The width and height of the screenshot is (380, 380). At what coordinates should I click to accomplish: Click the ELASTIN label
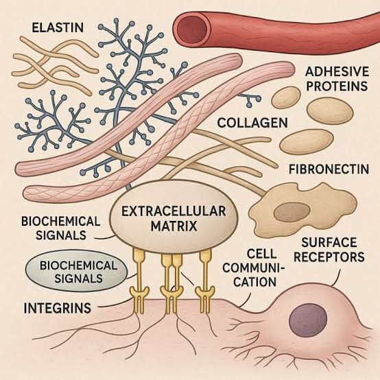[x=58, y=27]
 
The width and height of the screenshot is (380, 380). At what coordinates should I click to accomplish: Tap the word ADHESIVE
[x=337, y=72]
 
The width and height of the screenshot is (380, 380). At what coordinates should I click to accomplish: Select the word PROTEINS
[x=337, y=86]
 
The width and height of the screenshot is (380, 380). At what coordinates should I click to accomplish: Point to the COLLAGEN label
[x=252, y=123]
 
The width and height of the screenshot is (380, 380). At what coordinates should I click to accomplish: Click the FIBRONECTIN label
[x=329, y=169]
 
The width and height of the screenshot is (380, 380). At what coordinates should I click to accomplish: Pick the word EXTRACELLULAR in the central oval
[x=174, y=211]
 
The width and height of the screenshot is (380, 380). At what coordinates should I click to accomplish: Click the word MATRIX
[x=174, y=226]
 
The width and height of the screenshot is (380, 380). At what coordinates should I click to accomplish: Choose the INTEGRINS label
[x=58, y=308]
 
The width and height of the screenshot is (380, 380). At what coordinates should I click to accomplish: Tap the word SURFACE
[x=329, y=242]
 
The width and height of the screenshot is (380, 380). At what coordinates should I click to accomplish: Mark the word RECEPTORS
[x=329, y=257]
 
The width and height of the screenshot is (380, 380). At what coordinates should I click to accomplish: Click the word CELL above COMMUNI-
[x=261, y=254]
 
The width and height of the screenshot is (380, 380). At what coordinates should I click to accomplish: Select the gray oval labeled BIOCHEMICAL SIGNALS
[x=76, y=271]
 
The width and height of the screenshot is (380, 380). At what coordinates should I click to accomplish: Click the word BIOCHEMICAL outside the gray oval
[x=60, y=222]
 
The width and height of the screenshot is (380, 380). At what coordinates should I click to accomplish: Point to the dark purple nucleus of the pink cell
[x=308, y=319]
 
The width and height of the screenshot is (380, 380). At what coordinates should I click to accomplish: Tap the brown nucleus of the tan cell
[x=292, y=212]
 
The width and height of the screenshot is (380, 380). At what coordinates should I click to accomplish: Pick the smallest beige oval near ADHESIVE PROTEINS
[x=286, y=97]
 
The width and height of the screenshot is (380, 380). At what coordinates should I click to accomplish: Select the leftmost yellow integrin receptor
[x=139, y=281]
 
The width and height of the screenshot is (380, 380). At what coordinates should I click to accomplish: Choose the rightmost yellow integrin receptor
[x=205, y=281]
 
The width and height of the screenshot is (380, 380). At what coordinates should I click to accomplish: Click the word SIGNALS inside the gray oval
[x=78, y=278]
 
